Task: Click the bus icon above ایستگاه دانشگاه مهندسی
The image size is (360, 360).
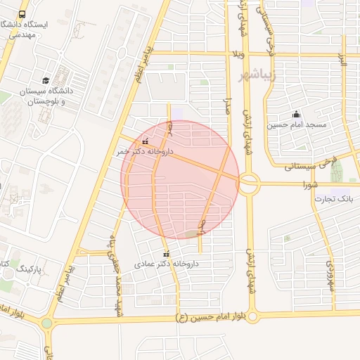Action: pyautogui.click(x=22, y=14)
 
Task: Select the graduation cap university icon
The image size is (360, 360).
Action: pyautogui.click(x=46, y=80)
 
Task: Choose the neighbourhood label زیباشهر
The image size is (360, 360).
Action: pyautogui.click(x=258, y=75)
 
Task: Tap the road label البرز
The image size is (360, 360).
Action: pyautogui.click(x=343, y=60)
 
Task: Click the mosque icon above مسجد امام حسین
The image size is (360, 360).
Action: pyautogui.click(x=296, y=114)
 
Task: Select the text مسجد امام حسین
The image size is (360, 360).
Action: pyautogui.click(x=296, y=125)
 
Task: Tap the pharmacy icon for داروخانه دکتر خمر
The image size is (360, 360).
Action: pyautogui.click(x=146, y=141)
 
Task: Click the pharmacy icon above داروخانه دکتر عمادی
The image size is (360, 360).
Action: pyautogui.click(x=166, y=254)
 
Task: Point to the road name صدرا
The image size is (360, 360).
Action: pyautogui.click(x=228, y=109)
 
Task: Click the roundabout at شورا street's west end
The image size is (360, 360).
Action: pyautogui.click(x=249, y=185)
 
